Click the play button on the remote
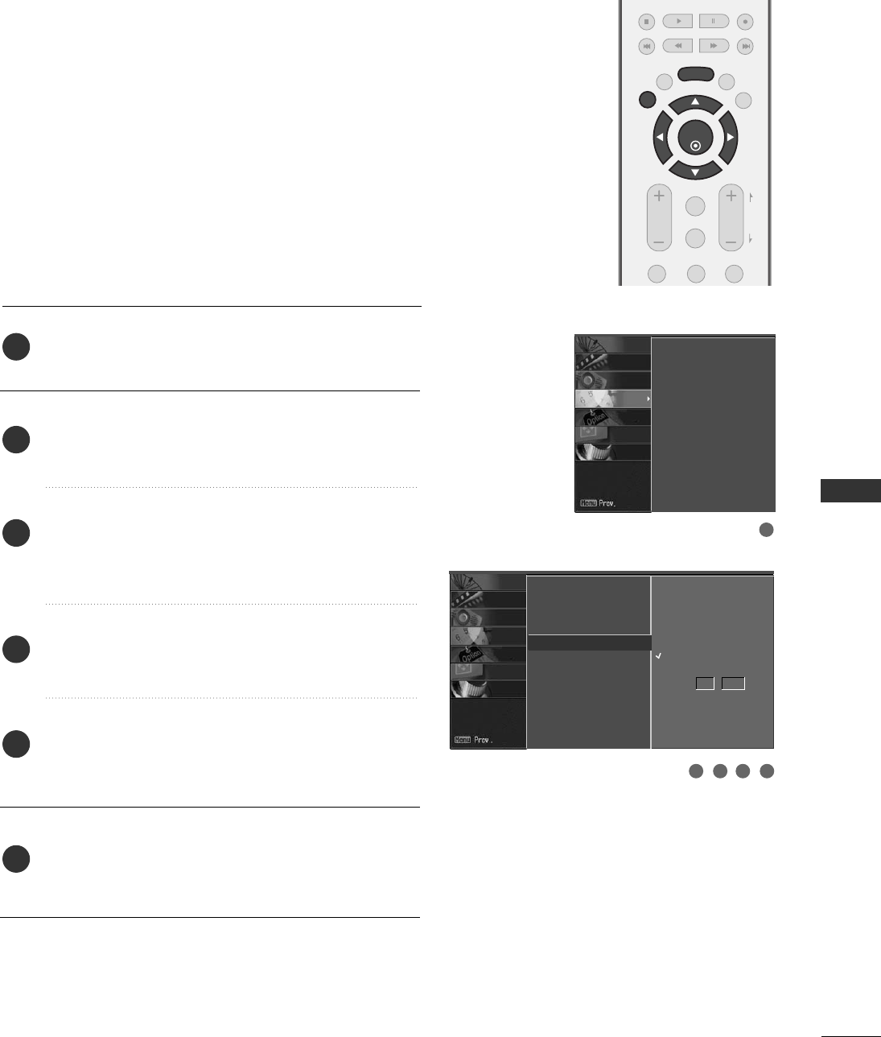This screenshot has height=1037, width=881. [x=677, y=22]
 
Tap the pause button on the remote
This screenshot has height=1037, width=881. [x=714, y=22]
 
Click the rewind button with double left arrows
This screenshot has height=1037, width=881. [x=677, y=47]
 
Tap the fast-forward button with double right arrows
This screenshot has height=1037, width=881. [x=714, y=47]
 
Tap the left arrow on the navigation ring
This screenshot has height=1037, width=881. [x=659, y=138]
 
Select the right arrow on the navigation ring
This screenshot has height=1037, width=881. [x=731, y=138]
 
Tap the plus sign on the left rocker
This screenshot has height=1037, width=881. [x=659, y=196]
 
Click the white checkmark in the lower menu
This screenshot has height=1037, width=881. [x=658, y=657]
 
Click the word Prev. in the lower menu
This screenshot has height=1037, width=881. [x=482, y=740]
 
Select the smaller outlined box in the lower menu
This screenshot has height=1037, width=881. [x=705, y=684]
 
